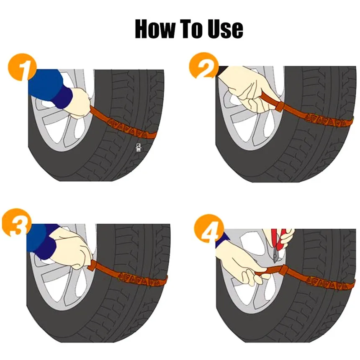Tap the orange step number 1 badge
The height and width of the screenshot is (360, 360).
(22, 67)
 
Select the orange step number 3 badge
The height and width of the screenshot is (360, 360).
(16, 222)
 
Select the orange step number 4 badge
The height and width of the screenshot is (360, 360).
(209, 228)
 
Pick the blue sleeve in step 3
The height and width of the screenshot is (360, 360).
(42, 241)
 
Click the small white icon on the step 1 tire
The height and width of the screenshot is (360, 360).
(138, 147)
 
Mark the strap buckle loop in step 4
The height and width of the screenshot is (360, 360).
(284, 271)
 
